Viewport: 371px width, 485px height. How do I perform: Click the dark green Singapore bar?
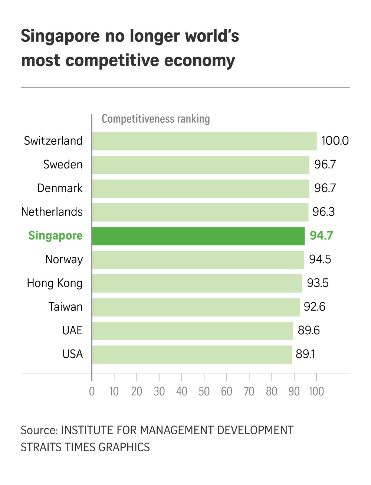tap(198, 236)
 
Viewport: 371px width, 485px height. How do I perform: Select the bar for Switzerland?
tap(204, 141)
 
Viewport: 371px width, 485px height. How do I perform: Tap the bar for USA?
tap(192, 354)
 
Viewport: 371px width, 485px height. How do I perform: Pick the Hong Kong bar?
tap(197, 283)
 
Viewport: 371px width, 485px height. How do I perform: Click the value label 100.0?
tap(335, 141)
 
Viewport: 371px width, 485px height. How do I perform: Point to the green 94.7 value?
tap(321, 236)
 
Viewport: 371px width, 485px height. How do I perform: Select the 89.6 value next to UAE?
tap(308, 331)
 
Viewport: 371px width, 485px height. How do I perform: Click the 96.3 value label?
tap(323, 212)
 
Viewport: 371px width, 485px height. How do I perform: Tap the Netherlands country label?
tap(52, 212)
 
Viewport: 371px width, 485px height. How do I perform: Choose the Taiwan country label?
tap(65, 307)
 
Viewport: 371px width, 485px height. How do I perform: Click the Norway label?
tap(64, 260)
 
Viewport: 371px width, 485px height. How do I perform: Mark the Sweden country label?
tap(63, 165)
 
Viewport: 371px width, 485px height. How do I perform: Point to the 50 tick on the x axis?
tap(204, 391)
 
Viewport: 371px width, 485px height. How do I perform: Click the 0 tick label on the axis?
tap(92, 391)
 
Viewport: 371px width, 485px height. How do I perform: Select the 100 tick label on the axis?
tap(316, 391)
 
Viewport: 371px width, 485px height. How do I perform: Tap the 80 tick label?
tap(272, 391)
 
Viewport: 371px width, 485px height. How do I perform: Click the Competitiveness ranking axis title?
tap(156, 119)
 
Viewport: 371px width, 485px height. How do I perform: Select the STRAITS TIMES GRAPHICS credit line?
tap(85, 447)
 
